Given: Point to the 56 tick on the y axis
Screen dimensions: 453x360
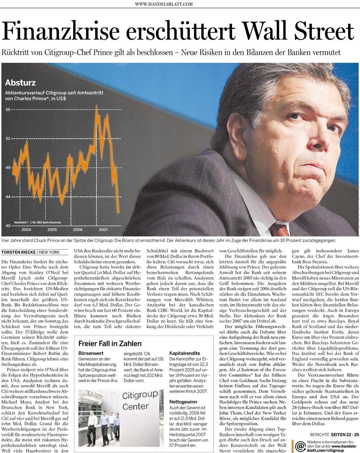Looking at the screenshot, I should pyautogui.click(x=8, y=109).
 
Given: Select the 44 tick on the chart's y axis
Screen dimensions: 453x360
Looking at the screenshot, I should pyautogui.click(x=8, y=196).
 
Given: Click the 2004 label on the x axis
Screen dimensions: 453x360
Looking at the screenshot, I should pyautogui.click(x=26, y=230).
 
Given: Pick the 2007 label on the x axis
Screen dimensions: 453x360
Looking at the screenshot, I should pyautogui.click(x=103, y=230).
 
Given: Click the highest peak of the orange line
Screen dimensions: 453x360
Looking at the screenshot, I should pyautogui.click(x=96, y=106).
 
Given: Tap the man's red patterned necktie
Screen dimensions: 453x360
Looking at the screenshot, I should pyautogui.click(x=279, y=229).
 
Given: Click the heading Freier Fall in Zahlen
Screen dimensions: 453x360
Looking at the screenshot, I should pyautogui.click(x=110, y=343).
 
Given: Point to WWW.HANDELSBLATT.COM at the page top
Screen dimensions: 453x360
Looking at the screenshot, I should pyautogui.click(x=164, y=4).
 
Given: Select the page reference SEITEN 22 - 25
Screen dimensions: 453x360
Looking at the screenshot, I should pyautogui.click(x=346, y=435).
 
